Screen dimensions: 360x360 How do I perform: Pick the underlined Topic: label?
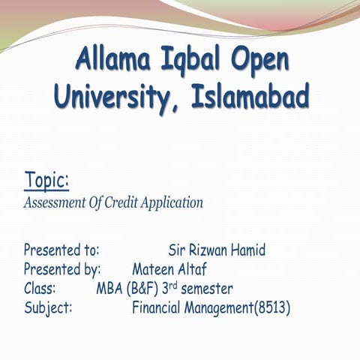point(46,181)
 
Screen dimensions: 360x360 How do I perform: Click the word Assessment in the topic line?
point(55,202)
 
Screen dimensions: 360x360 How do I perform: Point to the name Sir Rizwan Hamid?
point(217,249)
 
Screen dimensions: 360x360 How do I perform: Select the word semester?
point(206,288)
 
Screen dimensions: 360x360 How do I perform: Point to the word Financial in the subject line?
point(158,307)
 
